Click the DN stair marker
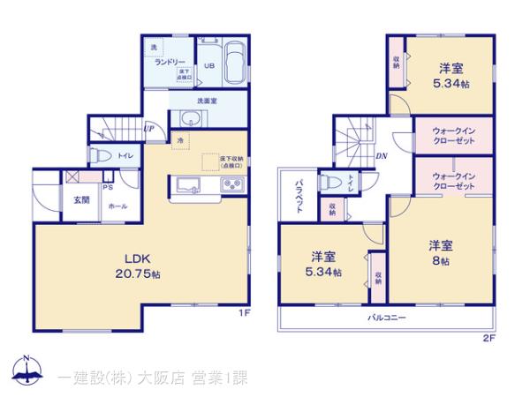pyautogui.click(x=381, y=157)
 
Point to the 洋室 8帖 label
pyautogui.click(x=441, y=252)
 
